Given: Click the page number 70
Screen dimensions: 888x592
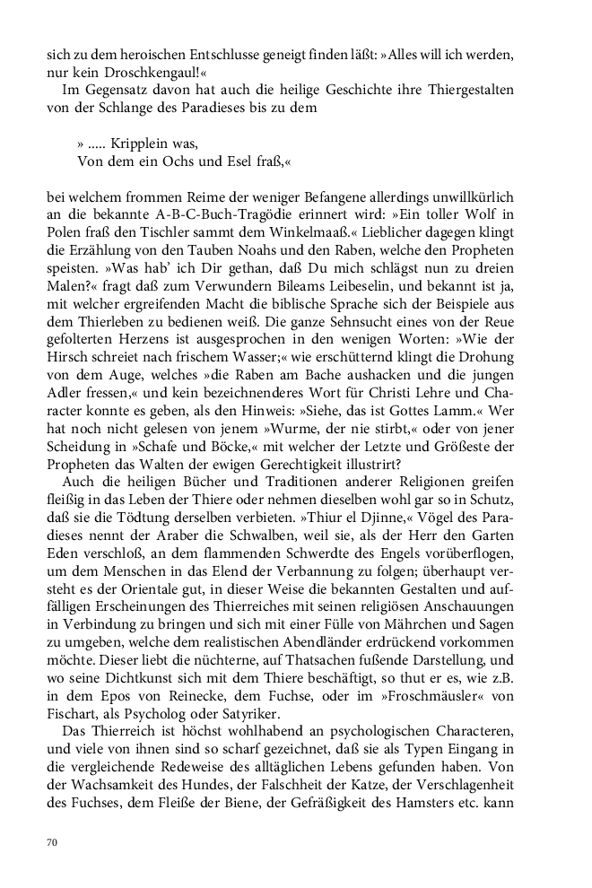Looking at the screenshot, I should (52, 842).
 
